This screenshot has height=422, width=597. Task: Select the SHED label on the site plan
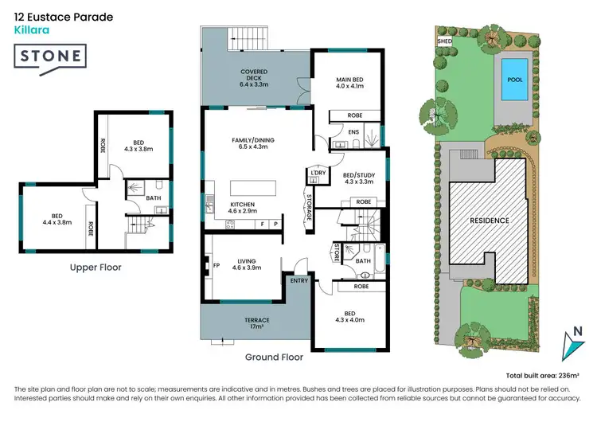point(444,40)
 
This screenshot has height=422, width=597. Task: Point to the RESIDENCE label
point(489,220)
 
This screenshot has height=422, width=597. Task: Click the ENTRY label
point(299,280)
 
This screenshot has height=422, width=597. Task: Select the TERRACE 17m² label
point(256,323)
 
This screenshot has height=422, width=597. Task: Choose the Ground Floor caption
point(275,358)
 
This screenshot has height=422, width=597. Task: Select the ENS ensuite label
point(354,131)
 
